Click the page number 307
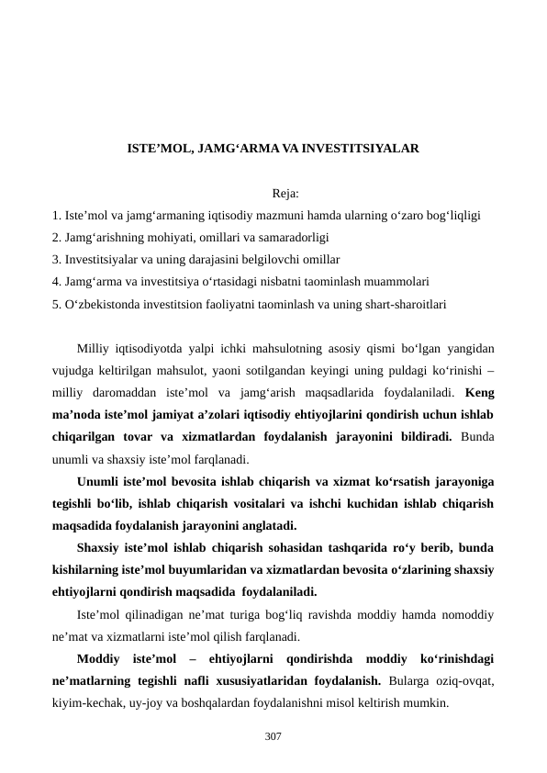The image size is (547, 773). point(273,735)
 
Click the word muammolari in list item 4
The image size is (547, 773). point(394,281)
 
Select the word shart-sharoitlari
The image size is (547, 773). point(404,302)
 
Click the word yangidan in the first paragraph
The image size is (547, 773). point(468,349)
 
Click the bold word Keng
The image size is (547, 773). point(480,393)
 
